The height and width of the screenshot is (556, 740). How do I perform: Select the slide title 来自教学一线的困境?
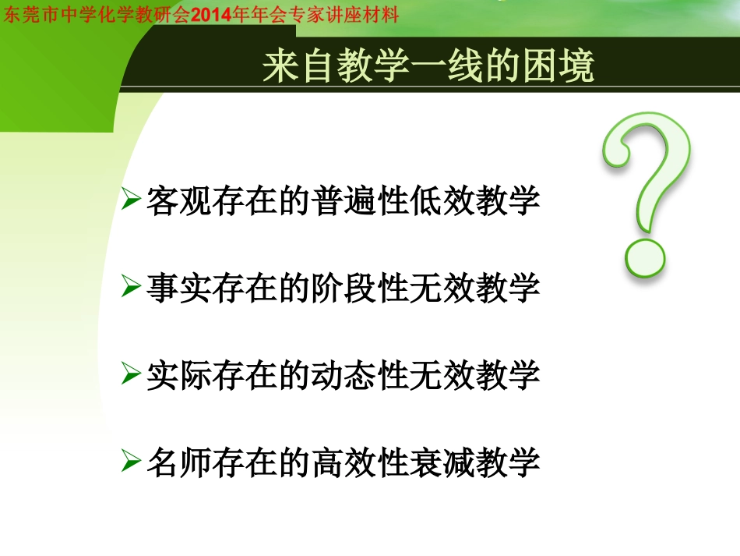point(428,67)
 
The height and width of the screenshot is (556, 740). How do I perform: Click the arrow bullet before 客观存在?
point(131,200)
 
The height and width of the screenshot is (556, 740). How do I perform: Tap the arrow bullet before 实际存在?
point(131,376)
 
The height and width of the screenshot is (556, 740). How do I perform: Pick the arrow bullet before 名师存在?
point(131,462)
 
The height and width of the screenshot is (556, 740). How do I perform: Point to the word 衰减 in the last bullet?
point(442,463)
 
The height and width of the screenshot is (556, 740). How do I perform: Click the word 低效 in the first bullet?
point(442,200)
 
